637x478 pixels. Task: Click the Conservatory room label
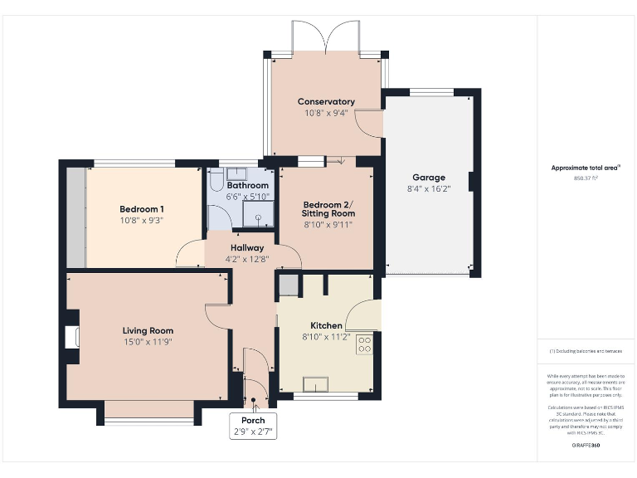326,102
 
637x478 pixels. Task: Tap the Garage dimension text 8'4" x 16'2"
429,189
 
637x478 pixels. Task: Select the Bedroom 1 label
141,208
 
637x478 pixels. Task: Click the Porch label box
253,426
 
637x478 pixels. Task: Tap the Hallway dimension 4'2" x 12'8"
247,259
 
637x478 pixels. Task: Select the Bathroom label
247,185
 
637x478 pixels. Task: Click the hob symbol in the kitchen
364,344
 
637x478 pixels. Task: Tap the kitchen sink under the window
316,383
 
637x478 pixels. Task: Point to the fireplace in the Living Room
71,336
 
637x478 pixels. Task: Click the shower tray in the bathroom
259,216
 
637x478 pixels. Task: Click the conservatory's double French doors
327,37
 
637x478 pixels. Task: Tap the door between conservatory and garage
370,123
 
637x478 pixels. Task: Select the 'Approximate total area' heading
585,168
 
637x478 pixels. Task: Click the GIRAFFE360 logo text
586,446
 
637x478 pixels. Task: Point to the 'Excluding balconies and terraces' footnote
586,352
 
